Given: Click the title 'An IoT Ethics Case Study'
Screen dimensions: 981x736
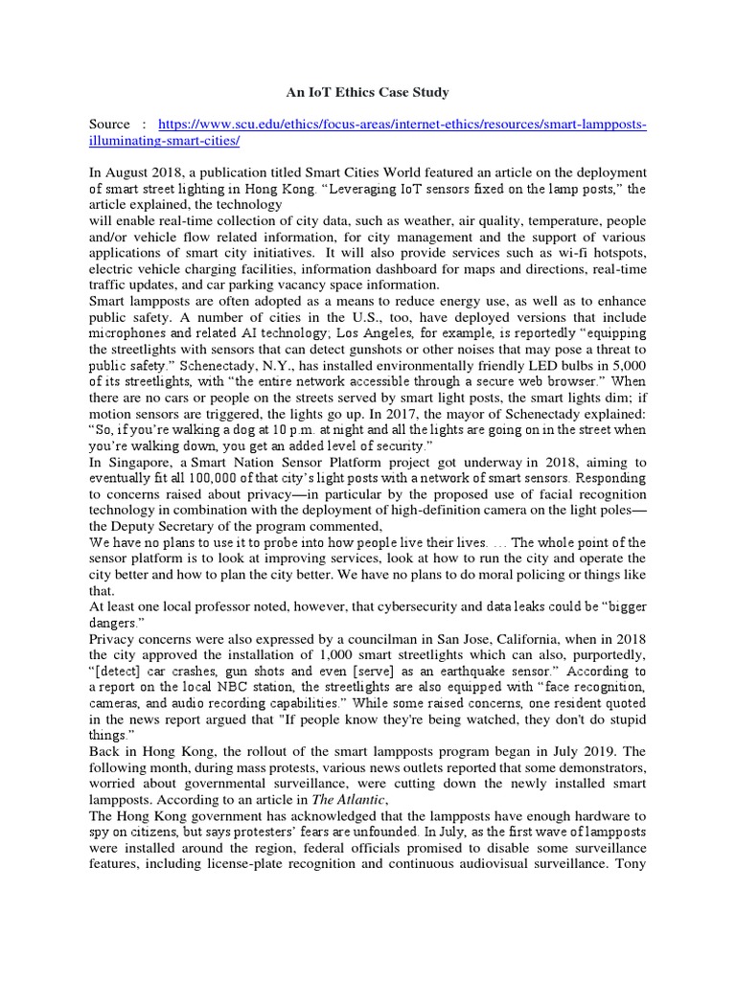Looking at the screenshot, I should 369,93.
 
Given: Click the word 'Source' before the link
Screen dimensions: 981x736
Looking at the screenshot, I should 109,125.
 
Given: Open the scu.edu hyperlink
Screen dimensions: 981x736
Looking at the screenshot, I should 402,125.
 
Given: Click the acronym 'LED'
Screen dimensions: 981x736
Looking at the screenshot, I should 507,365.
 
